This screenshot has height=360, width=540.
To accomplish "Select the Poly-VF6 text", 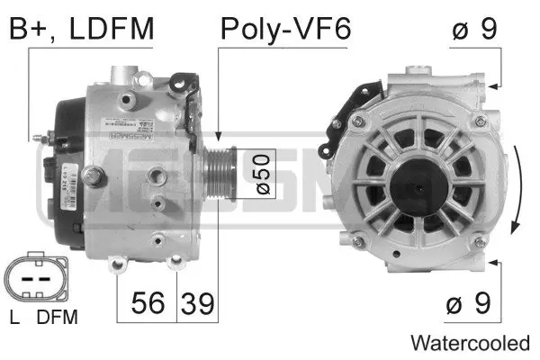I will pos(284,29).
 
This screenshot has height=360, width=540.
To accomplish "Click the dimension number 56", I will pos(148,303).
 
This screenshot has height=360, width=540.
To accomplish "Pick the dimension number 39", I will pos(198,303).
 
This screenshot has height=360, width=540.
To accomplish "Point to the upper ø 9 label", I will pos(474,29).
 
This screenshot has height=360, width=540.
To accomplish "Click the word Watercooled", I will pos(470,343).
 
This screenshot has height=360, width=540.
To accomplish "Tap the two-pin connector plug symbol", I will pos(33,278).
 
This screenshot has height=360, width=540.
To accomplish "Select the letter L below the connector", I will pos(14,317).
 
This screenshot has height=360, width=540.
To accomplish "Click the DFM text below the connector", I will pos(57,317).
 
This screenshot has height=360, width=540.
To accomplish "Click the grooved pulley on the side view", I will pos(219,170).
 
